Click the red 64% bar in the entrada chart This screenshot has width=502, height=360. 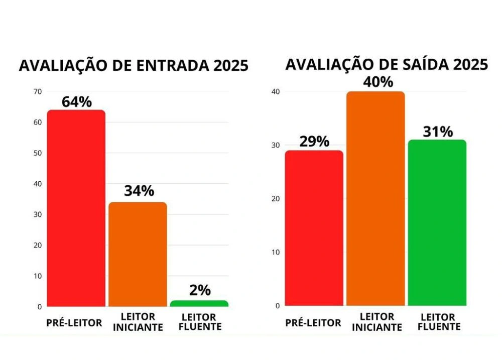click(76, 208)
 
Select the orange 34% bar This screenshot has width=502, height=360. click(138, 254)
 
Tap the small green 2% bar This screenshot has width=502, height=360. click(200, 303)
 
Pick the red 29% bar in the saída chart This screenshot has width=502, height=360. click(314, 228)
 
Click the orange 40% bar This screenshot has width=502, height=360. click(375, 198)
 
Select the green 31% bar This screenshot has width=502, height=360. click(437, 223)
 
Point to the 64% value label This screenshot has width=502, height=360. click(77, 102)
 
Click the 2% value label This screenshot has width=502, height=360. click(200, 290)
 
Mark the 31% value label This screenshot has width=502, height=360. click(438, 132)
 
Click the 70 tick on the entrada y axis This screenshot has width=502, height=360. click(38, 91)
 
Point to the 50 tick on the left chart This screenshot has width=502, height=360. click(38, 153)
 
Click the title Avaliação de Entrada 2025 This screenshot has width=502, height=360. click(134, 66)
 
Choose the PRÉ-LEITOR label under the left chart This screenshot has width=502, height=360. click(74, 322)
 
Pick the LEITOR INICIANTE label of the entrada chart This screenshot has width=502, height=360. click(138, 322)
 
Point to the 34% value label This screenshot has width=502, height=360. click(139, 191)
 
